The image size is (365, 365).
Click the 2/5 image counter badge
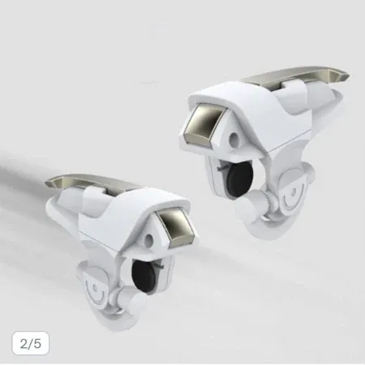click(31, 343)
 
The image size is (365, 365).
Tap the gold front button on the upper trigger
click(204, 125)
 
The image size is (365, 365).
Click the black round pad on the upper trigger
click(240, 178)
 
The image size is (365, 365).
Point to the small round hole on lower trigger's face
click(148, 239)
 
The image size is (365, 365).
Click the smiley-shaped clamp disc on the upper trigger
click(293, 193)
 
